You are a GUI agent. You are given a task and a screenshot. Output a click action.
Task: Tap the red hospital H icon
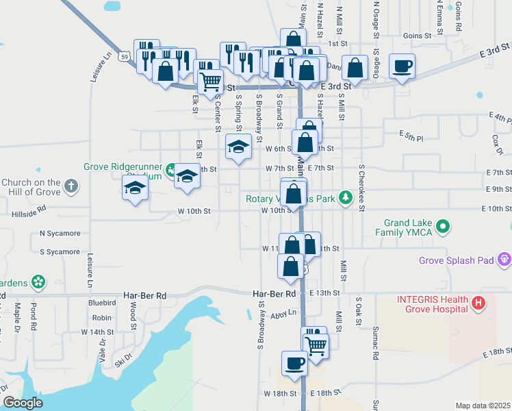[x=478, y=301]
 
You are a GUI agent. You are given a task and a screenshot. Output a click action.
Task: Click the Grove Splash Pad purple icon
[x=505, y=260]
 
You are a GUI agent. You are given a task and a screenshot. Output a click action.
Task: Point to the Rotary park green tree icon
[x=346, y=199]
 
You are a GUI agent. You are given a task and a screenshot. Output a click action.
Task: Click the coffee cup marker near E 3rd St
[x=402, y=66]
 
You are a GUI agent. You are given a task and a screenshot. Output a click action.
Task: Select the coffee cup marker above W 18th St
[x=294, y=363]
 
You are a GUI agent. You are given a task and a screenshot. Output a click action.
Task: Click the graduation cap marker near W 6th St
[x=238, y=147]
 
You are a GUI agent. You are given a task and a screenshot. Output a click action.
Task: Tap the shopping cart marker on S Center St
[x=210, y=82]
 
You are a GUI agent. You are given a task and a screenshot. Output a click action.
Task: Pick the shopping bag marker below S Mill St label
[x=355, y=68]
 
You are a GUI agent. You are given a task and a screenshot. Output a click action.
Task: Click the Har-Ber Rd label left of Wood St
[x=145, y=295]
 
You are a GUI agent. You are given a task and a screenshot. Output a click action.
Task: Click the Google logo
[x=23, y=403]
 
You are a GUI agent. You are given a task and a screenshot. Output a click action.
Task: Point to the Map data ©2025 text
[x=483, y=406]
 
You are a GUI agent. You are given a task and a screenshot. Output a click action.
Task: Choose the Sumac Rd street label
[x=375, y=342]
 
